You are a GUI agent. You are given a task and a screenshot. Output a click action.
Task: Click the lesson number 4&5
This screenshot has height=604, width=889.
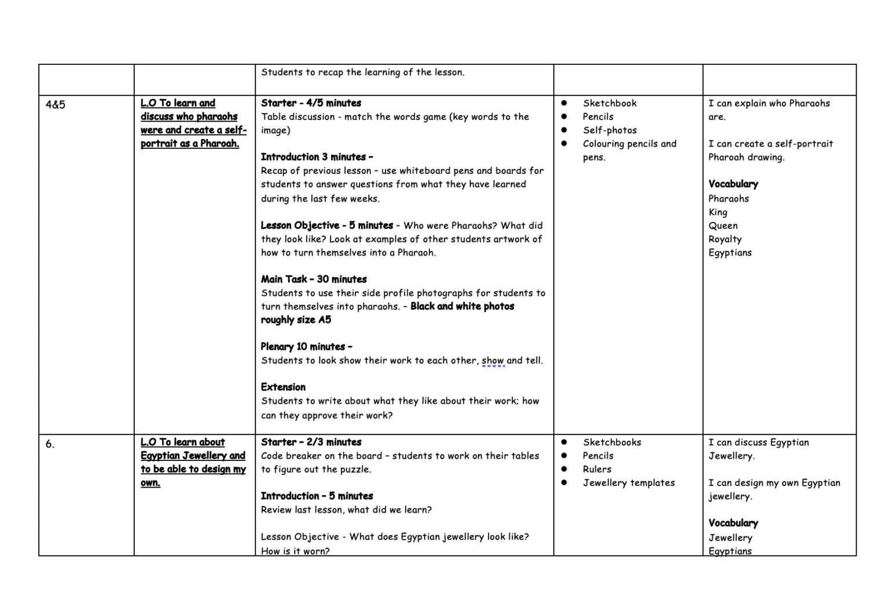(x=56, y=105)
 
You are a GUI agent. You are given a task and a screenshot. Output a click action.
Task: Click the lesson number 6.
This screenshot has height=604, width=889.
(x=50, y=444)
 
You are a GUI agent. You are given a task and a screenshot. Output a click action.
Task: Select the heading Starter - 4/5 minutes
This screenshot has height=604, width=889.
(x=311, y=103)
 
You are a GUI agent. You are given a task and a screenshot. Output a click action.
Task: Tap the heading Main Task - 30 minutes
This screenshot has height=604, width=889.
(x=314, y=279)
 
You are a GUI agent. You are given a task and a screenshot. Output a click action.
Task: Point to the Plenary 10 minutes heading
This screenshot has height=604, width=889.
(x=306, y=347)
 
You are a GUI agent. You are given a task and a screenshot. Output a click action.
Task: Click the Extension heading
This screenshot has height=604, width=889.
(x=283, y=387)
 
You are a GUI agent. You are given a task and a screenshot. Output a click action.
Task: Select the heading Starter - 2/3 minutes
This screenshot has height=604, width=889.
(x=311, y=442)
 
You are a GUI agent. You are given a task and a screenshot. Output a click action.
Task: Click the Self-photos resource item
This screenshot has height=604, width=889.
(x=609, y=130)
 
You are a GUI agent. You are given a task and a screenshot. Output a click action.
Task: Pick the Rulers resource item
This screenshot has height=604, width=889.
(x=597, y=469)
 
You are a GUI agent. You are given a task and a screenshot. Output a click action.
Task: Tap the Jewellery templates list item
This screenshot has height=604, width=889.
(x=629, y=483)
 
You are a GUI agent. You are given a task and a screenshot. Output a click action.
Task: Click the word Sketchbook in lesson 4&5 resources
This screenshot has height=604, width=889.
(x=609, y=103)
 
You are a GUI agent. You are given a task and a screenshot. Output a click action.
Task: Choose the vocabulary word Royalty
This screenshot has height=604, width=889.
(x=725, y=239)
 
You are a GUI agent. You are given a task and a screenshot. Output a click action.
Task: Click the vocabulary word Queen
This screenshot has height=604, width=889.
(x=723, y=226)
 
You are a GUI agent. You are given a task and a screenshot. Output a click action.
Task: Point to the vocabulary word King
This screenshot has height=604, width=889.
(x=718, y=213)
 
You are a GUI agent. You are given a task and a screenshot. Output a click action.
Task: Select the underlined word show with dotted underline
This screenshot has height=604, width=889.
(x=493, y=361)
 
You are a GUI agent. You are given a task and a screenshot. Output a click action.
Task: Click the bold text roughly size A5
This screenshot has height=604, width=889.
(x=296, y=320)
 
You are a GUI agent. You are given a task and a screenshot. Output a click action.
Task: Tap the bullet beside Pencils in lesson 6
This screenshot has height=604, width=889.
(x=564, y=456)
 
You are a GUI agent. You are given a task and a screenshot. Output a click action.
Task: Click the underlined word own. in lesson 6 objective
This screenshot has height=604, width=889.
(x=150, y=483)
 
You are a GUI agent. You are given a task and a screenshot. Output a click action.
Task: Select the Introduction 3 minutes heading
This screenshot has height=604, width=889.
(x=317, y=157)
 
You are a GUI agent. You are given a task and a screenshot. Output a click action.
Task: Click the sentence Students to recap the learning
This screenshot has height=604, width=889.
(x=362, y=72)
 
